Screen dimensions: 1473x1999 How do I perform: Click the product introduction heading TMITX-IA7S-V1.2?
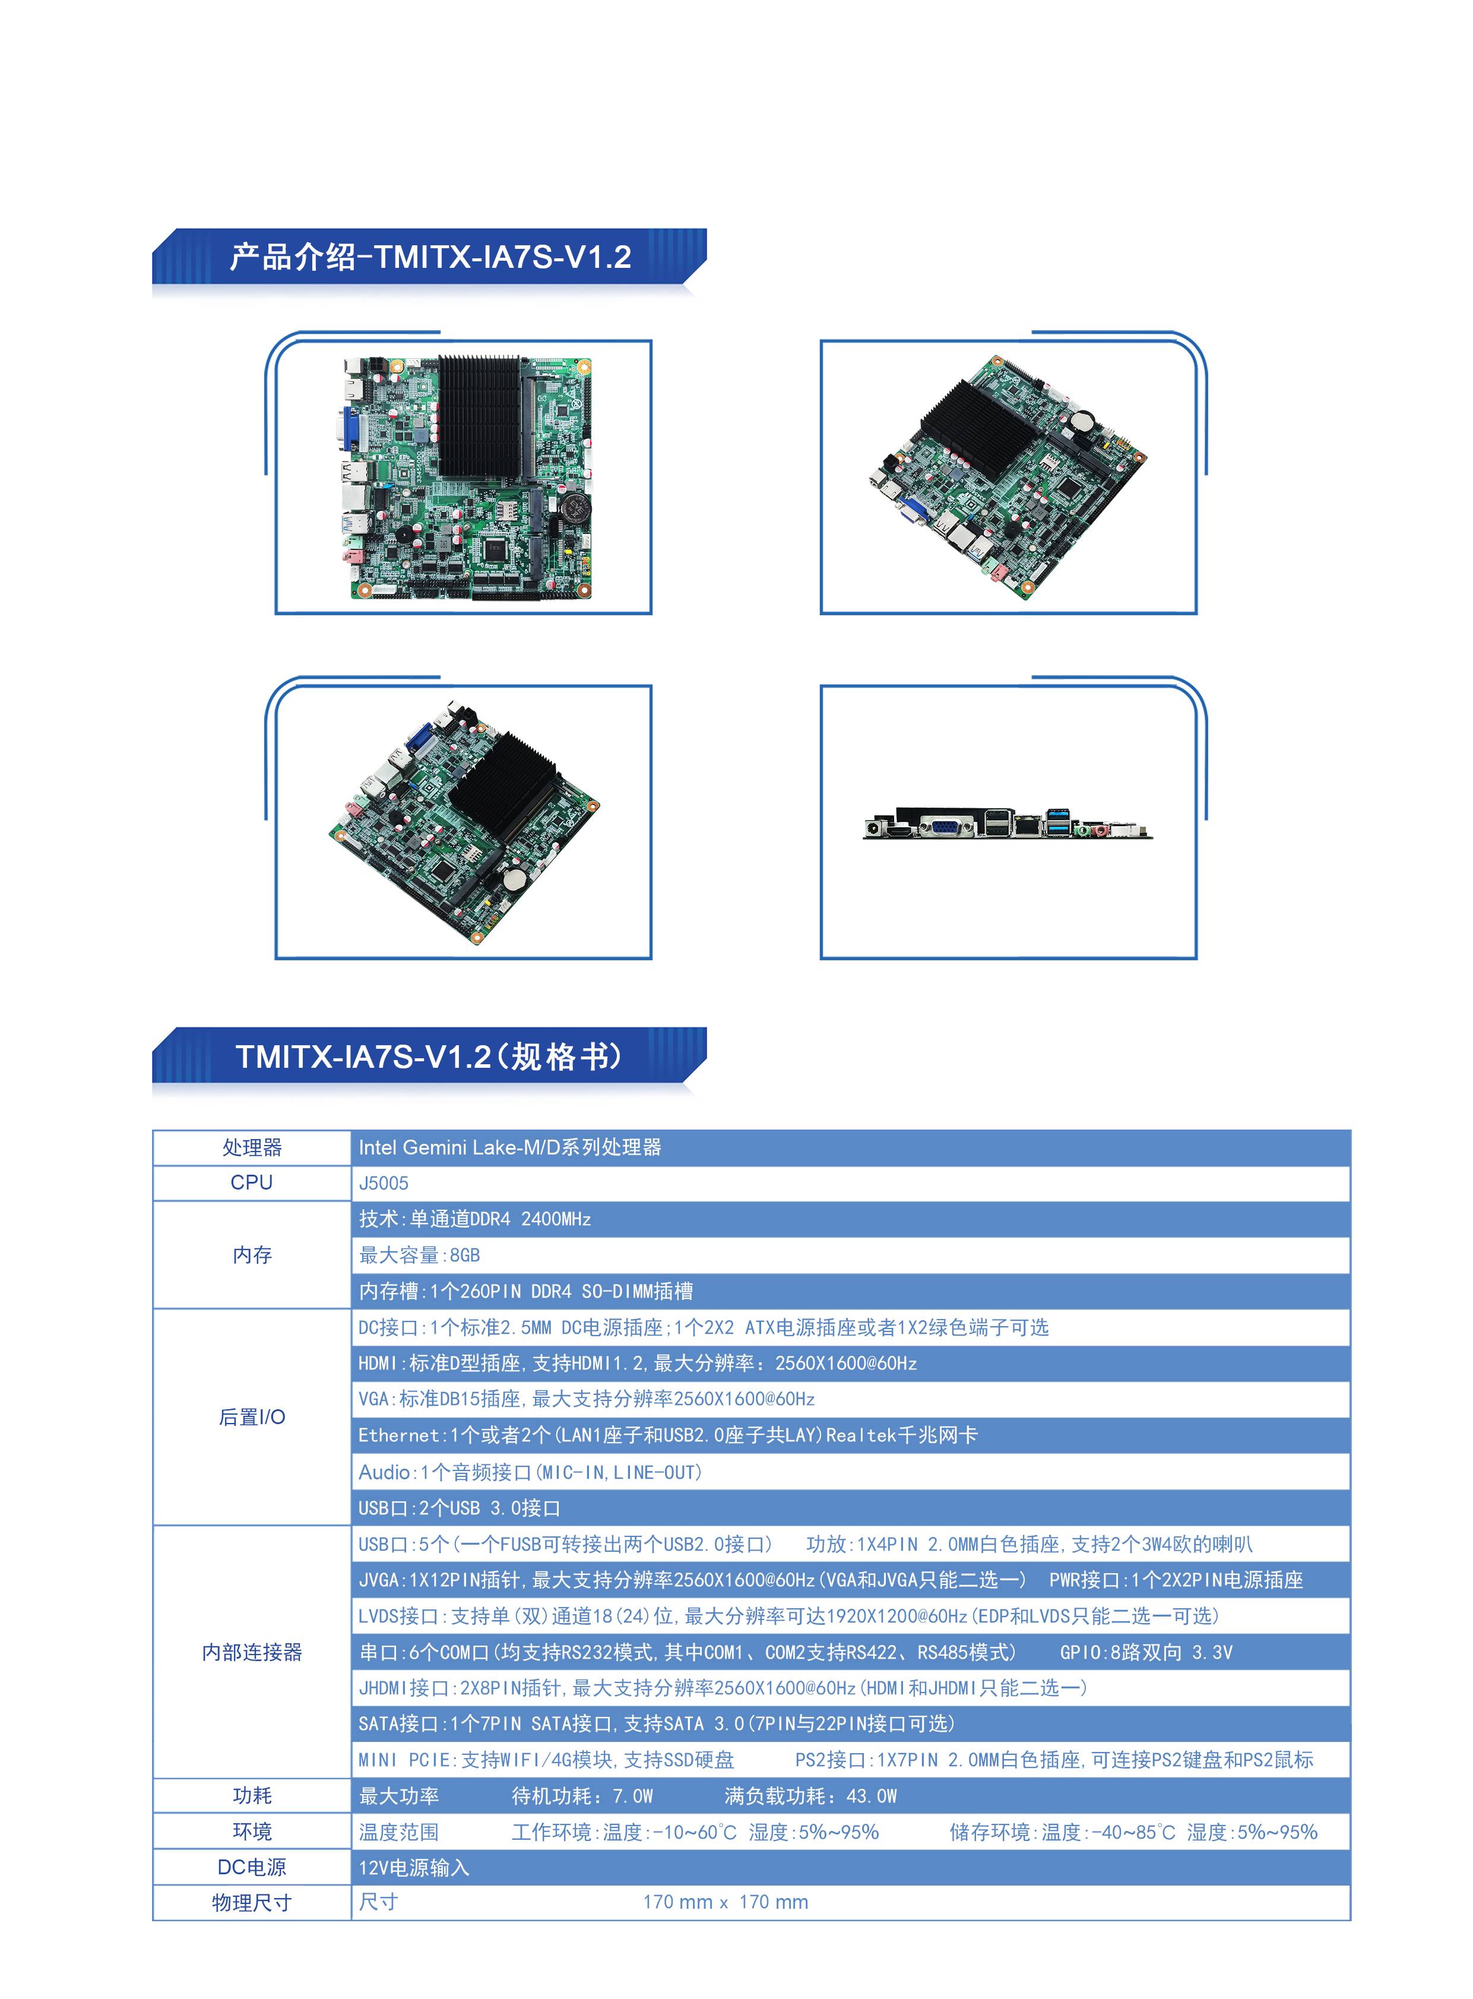click(430, 257)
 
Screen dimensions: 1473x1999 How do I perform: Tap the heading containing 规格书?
click(429, 1056)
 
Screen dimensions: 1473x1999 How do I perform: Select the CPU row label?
click(252, 1183)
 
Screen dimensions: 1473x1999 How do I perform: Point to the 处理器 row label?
click(252, 1147)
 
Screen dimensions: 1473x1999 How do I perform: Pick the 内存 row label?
click(252, 1255)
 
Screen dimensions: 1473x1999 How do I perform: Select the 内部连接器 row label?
click(252, 1652)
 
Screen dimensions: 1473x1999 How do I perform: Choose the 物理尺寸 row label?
click(252, 1903)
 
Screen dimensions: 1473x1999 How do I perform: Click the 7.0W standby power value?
click(632, 1796)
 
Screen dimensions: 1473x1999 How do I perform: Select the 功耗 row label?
click(252, 1796)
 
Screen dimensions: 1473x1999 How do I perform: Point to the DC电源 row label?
click(252, 1867)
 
